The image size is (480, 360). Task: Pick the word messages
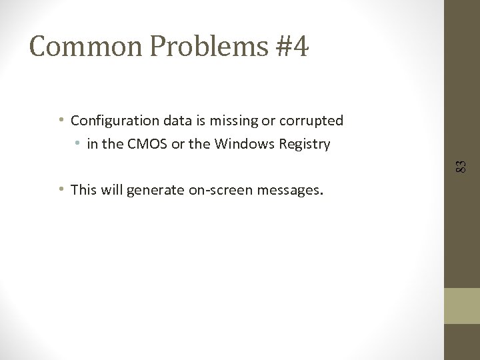pos(291,190)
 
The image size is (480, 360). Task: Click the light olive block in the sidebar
pos(462,305)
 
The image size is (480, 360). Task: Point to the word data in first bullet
pos(179,121)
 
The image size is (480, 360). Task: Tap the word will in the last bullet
pos(113,190)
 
